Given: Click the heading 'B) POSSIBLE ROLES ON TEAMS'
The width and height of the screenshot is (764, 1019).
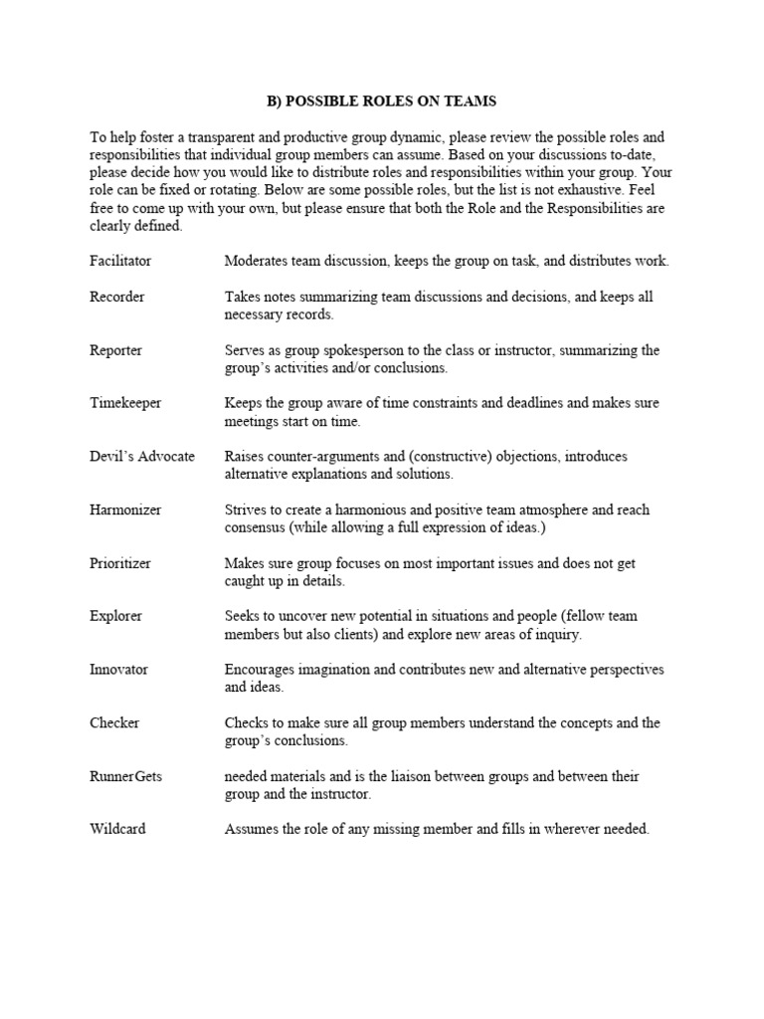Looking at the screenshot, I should pos(382,102).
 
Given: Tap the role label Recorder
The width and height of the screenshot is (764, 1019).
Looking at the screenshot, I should pos(116,297).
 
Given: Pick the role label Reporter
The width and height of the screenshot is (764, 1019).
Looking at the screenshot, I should pos(115,350).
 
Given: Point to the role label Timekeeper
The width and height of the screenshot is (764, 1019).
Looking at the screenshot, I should pos(124,403).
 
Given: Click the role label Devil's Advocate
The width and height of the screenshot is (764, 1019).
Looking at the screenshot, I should pos(142,456).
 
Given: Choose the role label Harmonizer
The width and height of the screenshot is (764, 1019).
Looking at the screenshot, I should pos(125,509).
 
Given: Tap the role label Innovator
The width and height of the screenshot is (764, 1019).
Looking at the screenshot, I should pos(118,669).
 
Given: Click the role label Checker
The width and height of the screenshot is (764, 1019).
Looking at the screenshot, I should pos(113,722).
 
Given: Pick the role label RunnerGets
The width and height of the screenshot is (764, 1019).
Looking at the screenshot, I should pos(124,775).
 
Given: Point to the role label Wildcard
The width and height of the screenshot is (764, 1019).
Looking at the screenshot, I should pos(117,828).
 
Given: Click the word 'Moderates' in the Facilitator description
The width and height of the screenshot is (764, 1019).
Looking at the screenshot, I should pos(256,261).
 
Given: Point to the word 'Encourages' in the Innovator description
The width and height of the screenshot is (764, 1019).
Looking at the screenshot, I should pos(261,669).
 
